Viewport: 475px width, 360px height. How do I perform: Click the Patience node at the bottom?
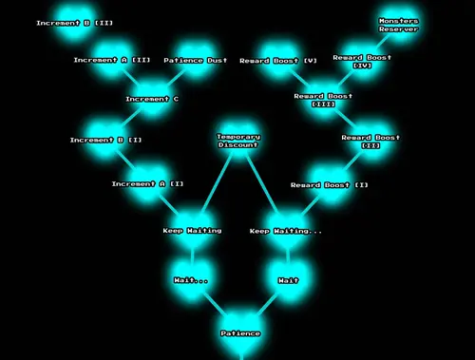point(240,333)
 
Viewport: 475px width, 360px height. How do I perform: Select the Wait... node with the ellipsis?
point(191,280)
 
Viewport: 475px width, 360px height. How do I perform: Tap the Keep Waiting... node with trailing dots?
point(286,231)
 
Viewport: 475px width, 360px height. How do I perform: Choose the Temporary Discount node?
point(238,141)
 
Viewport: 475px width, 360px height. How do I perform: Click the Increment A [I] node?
point(147,183)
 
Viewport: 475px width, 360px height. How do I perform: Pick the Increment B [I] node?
point(105,140)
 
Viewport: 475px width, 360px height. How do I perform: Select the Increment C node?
point(152,99)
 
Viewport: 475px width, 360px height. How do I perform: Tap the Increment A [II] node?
point(112,60)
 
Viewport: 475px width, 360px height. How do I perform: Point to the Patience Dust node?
point(196,60)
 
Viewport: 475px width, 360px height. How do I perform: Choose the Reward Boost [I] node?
point(330,184)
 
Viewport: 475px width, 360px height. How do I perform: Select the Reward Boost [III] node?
point(323,100)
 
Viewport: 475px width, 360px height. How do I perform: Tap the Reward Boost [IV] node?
point(362,61)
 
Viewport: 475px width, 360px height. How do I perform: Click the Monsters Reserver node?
point(398,24)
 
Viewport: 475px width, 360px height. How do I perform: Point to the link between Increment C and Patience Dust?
point(175,79)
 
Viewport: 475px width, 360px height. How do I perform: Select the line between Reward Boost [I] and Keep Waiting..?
point(308,207)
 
